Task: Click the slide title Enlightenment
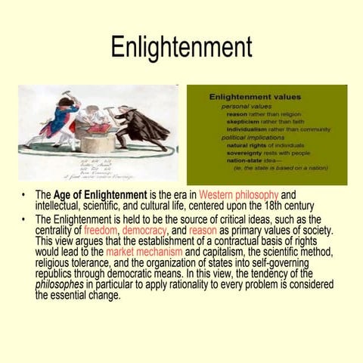pyautogui.click(x=181, y=47)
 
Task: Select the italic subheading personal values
pyautogui.click(x=246, y=106)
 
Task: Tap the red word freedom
pyautogui.click(x=101, y=231)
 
